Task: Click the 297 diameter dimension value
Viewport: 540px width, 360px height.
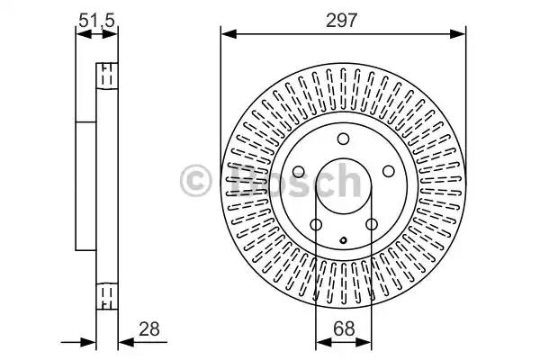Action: [342, 21]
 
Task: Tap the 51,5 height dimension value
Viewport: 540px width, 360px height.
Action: [96, 21]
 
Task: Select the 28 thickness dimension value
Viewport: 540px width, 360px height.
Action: [149, 329]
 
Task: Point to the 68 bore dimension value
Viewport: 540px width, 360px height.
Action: [344, 329]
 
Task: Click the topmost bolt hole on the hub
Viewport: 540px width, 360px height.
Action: [343, 139]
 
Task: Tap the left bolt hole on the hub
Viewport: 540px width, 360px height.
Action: [298, 172]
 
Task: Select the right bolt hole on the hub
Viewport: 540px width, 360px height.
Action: [389, 171]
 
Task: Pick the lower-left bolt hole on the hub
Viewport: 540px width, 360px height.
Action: [316, 225]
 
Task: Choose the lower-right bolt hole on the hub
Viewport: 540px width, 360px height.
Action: [372, 225]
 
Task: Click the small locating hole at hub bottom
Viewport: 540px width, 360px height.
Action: [344, 240]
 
